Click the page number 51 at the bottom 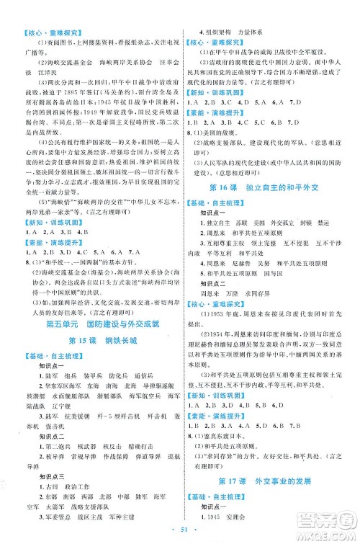(179, 532)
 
